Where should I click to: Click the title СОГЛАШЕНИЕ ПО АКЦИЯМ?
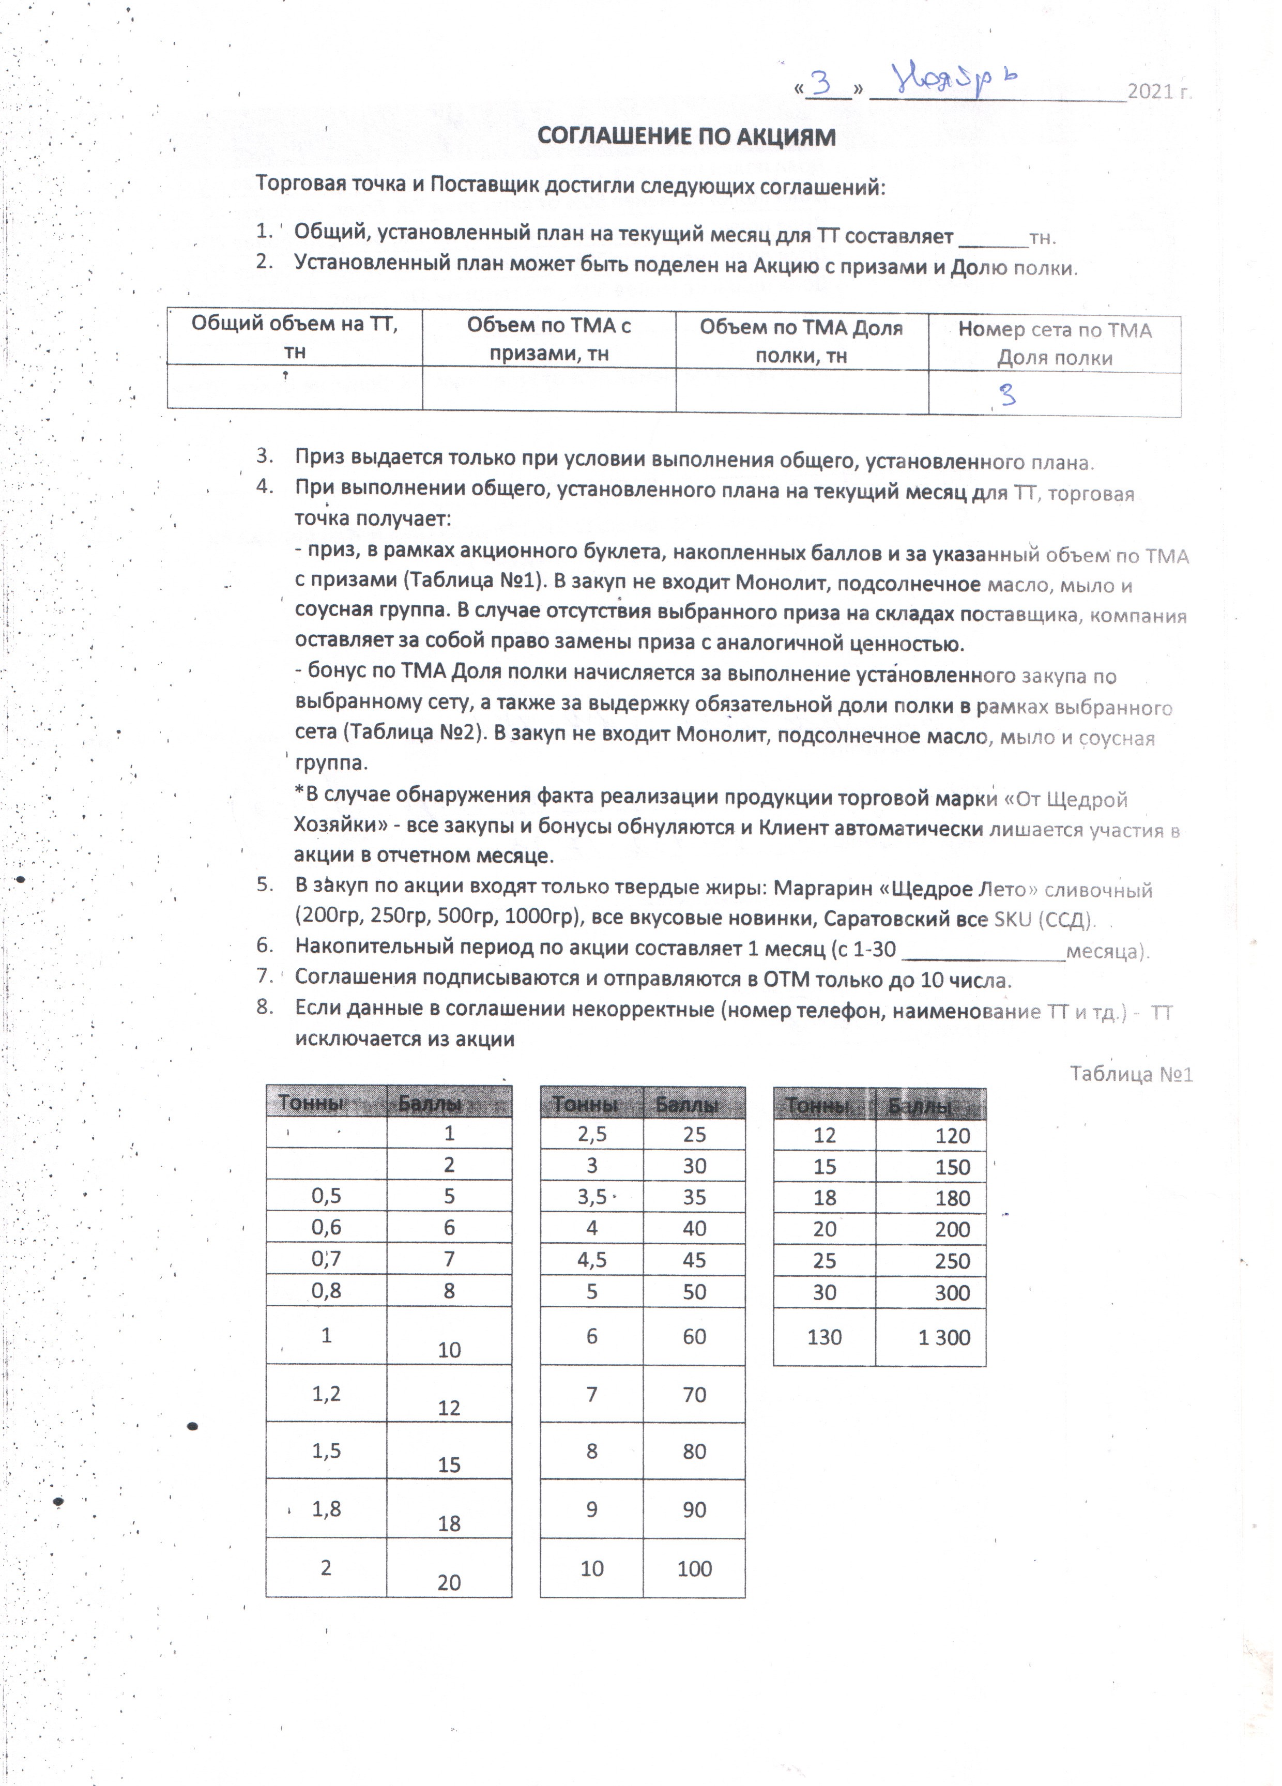tap(686, 137)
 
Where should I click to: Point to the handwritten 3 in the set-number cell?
tap(1007, 394)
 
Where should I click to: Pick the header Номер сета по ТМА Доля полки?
tap(1055, 343)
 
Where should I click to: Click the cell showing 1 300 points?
tap(943, 1337)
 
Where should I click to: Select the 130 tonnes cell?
tap(825, 1337)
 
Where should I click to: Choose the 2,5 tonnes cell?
tap(591, 1135)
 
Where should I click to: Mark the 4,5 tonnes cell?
tap(591, 1260)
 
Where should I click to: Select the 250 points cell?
tap(951, 1261)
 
